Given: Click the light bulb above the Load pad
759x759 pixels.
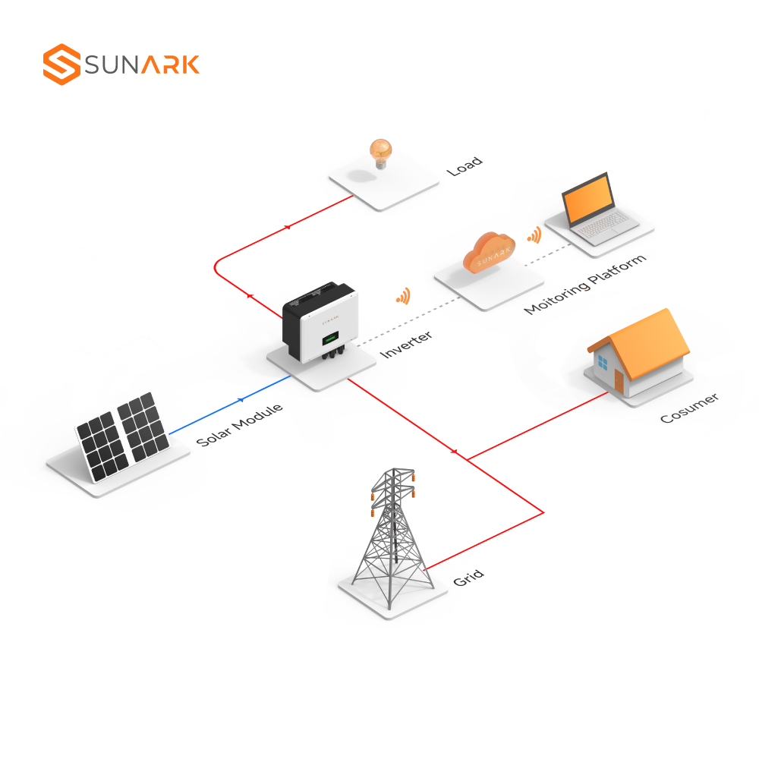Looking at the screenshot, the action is click(381, 154).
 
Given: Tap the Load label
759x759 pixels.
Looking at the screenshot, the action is click(465, 166).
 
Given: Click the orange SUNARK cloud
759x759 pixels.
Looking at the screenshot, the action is click(489, 253).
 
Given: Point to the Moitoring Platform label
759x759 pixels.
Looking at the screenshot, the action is click(584, 285).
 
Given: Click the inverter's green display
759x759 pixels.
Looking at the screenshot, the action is click(331, 338).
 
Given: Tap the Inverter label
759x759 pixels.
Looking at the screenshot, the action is click(406, 344).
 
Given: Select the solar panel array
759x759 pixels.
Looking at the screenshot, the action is click(123, 436).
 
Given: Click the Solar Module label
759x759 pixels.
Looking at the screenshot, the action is click(240, 424).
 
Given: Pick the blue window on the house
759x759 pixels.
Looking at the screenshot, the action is click(603, 362).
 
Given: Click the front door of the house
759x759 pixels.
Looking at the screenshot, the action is click(619, 382).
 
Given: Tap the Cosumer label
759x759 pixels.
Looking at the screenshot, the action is click(689, 408).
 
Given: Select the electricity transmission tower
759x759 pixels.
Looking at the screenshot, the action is click(393, 537).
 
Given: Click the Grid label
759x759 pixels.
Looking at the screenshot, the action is click(468, 578).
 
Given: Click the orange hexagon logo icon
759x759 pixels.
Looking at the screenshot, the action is click(61, 65).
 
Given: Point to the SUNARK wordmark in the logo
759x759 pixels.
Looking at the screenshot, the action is click(142, 65).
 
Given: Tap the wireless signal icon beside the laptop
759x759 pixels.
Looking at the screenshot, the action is click(534, 235).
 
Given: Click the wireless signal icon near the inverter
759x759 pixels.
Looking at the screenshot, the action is click(403, 296).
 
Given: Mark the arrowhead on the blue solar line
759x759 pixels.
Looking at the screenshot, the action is click(241, 400).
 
